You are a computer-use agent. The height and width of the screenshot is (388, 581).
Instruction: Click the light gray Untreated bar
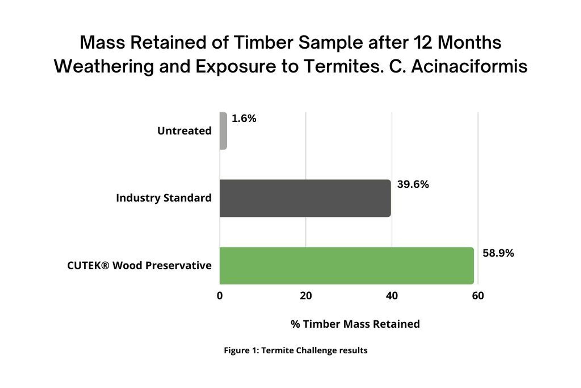point(223,131)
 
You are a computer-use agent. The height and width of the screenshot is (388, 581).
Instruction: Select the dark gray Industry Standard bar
point(305,198)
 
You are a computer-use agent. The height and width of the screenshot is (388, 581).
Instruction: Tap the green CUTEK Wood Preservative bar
point(347,266)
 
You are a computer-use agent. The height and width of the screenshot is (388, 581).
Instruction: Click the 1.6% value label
point(244,118)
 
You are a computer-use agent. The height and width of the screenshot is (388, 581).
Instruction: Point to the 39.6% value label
point(413,184)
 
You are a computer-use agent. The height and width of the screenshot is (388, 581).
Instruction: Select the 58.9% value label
point(498,253)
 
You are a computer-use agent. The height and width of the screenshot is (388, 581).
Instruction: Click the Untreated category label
point(184,131)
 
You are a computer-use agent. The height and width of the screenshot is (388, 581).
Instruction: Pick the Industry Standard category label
point(164,198)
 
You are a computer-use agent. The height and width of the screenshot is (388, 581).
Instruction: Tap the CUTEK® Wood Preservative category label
point(139,266)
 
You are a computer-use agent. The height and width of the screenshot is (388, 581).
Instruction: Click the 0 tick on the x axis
point(220,296)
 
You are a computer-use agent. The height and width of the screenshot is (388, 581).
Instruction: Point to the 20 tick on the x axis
point(306,296)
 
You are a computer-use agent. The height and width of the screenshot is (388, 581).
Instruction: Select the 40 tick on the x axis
point(392,296)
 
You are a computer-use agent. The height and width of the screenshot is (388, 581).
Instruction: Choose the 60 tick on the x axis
point(478,296)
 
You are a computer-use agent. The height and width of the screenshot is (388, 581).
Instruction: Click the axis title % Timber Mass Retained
point(355,324)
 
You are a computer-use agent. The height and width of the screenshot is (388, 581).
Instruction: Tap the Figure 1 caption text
point(296,350)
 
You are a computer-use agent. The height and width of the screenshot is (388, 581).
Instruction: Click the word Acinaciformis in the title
point(469,66)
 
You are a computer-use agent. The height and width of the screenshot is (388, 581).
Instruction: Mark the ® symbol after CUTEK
point(105,266)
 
